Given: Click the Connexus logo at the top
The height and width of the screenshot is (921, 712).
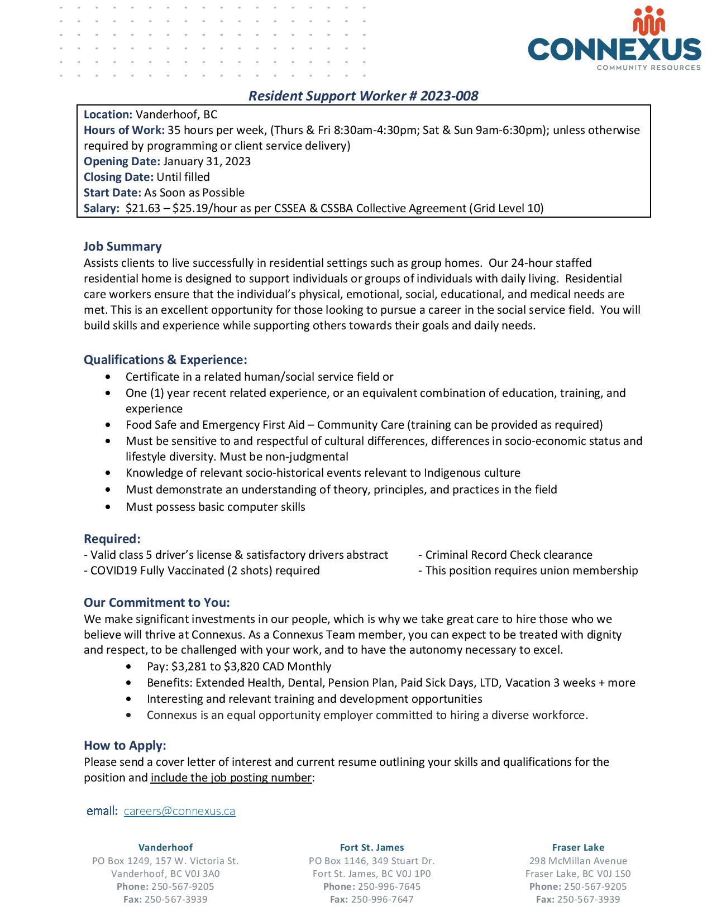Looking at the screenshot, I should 614,39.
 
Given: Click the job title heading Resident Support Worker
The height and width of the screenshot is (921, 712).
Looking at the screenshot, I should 363,96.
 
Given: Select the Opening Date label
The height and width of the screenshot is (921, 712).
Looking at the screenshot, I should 122,161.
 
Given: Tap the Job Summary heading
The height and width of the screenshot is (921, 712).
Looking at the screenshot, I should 123,247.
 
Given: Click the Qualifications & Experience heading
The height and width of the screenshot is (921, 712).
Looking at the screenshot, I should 165,359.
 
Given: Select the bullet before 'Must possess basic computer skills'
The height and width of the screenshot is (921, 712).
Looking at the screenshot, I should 108,507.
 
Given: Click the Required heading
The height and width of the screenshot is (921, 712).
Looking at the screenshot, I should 112,539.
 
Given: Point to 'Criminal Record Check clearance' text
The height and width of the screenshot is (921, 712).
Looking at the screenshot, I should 508,555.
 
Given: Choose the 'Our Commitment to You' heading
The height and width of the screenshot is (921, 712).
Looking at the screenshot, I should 157,603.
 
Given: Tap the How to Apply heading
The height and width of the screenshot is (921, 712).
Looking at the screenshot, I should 125,746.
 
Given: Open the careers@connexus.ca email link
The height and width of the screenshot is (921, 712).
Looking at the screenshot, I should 179,811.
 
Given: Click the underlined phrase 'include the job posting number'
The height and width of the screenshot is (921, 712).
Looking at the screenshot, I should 231,778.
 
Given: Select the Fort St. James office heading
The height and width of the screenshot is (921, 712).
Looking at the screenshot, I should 372,847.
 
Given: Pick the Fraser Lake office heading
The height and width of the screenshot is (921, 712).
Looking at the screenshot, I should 578,847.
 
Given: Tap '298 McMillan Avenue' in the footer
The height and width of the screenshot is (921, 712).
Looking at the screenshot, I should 578,861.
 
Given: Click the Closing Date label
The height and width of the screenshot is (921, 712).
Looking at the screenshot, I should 118,177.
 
